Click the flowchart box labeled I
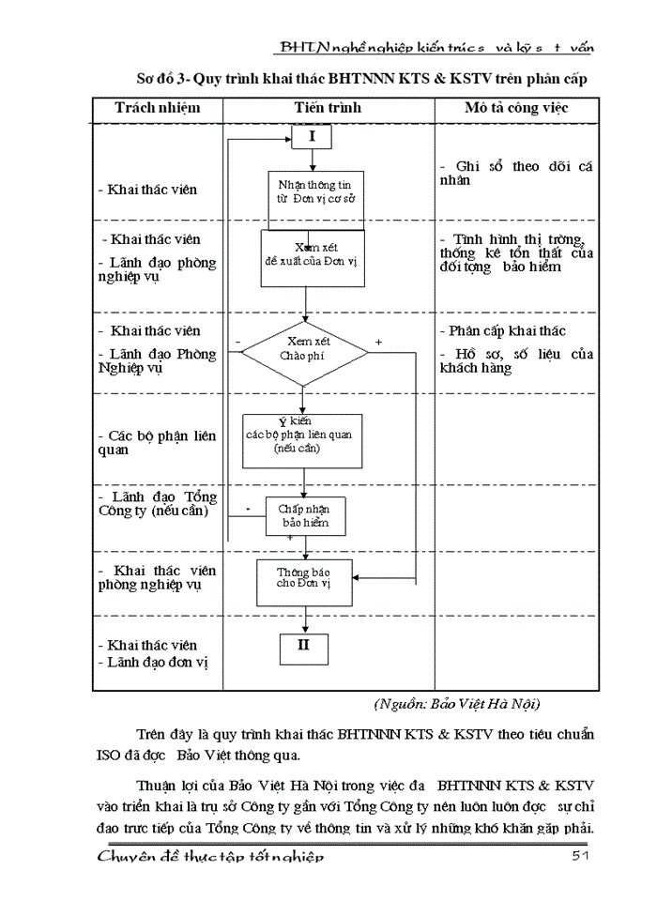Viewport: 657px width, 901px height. (x=313, y=137)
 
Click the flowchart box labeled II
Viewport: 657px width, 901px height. (x=303, y=647)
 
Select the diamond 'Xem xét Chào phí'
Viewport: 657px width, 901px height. (x=305, y=353)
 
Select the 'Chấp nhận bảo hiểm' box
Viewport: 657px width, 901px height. (x=304, y=515)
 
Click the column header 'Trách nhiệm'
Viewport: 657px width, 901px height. (x=158, y=108)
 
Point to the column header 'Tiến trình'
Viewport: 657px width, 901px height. (x=327, y=108)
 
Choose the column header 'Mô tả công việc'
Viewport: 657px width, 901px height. (x=516, y=108)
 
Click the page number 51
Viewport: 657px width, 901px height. (x=580, y=857)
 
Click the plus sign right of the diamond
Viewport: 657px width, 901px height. (x=378, y=343)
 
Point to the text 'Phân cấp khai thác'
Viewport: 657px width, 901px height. (x=509, y=331)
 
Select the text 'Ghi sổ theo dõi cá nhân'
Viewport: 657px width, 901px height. (x=516, y=173)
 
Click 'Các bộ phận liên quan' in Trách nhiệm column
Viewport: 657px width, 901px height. (x=157, y=443)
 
